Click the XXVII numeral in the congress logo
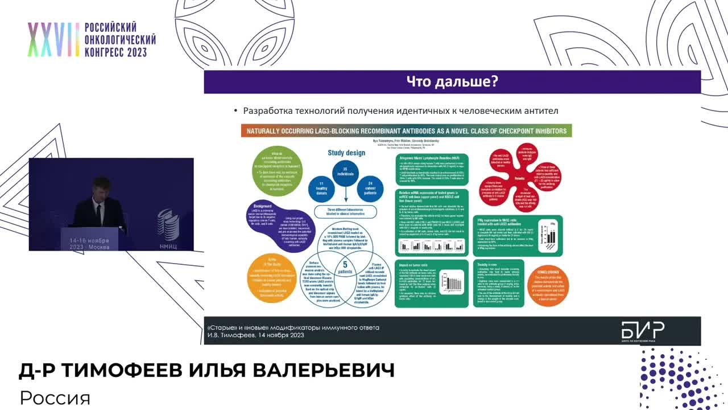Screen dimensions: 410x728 (x=53, y=40)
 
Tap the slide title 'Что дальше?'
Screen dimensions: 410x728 (x=452, y=81)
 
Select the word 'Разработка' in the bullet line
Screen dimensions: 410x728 (x=270, y=111)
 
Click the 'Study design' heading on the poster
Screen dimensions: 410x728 (x=347, y=153)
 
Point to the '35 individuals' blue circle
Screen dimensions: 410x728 (x=346, y=173)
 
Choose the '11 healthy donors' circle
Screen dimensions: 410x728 (x=320, y=188)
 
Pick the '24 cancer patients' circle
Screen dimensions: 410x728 (x=370, y=188)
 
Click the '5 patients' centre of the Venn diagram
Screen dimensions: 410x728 (x=344, y=267)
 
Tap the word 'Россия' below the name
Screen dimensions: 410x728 (x=55, y=397)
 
